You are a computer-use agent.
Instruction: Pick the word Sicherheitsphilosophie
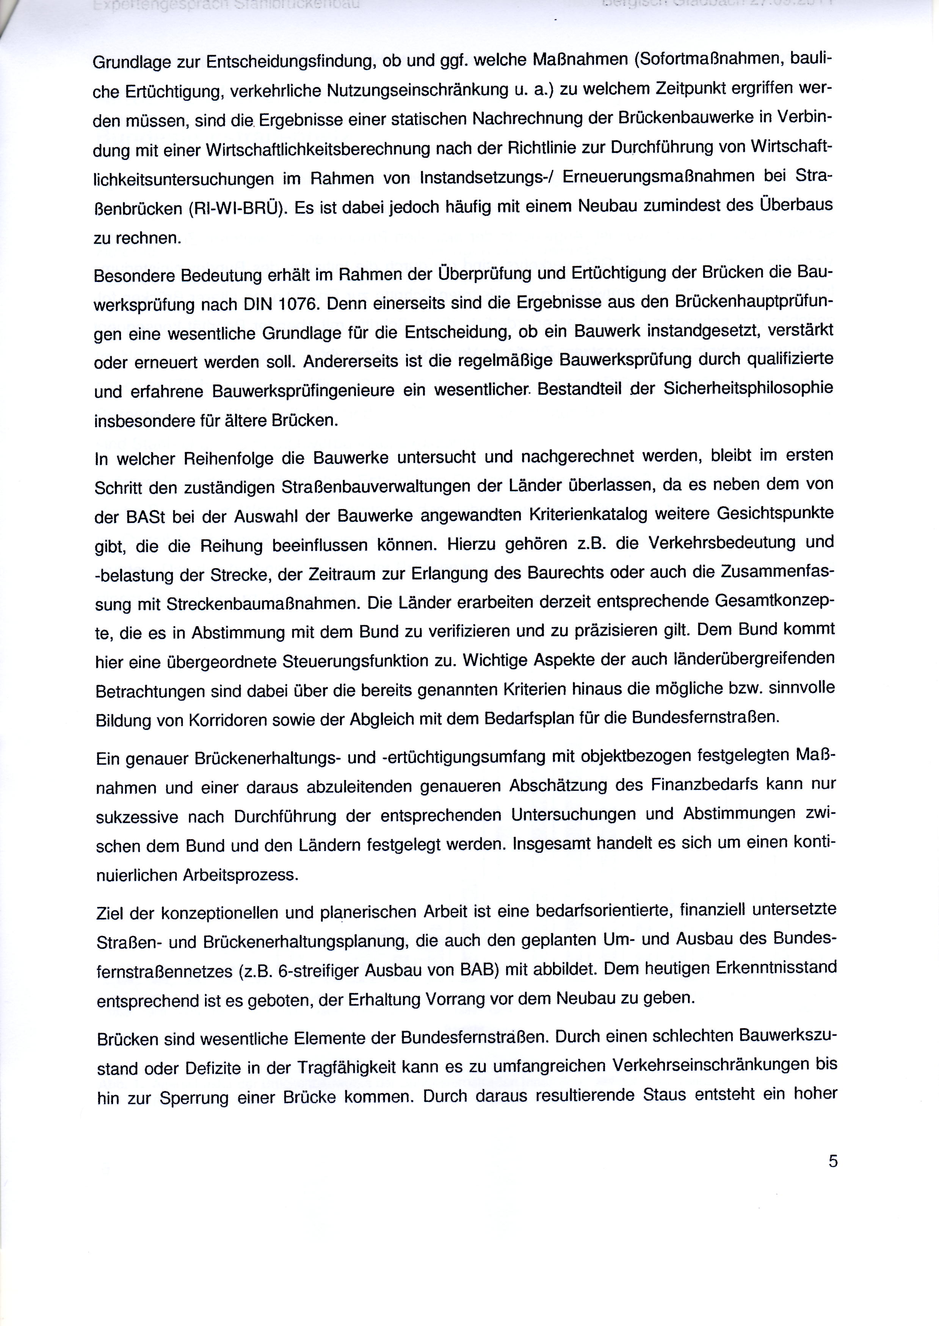[x=748, y=389]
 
